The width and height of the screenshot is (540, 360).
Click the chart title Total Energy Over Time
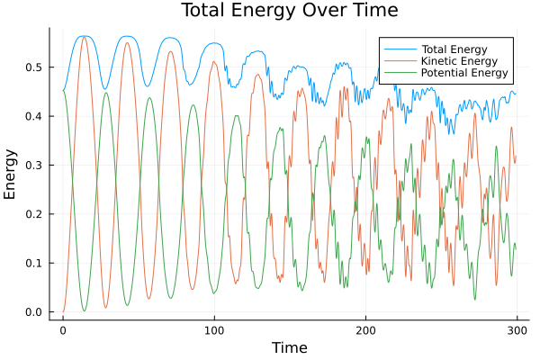(x=275, y=11)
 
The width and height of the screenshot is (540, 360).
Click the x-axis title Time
(x=289, y=347)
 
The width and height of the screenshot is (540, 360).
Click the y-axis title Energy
(x=11, y=175)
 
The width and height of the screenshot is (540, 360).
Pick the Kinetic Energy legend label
(x=446, y=59)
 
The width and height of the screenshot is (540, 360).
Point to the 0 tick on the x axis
(x=63, y=330)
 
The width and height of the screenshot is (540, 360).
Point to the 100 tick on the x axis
(x=214, y=330)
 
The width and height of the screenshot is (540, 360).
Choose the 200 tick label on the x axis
(x=365, y=330)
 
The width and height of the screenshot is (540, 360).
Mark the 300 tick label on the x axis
(x=517, y=330)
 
